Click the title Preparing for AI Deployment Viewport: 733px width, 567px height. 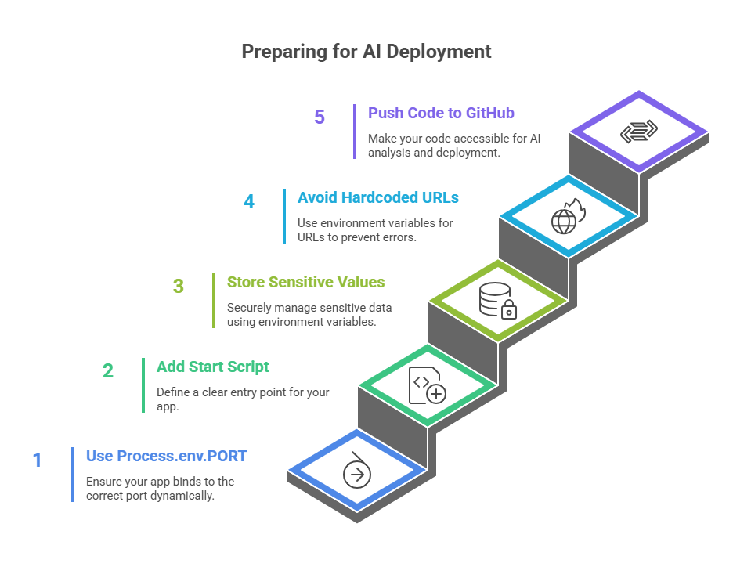click(x=366, y=52)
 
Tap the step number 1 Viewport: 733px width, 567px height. click(x=37, y=460)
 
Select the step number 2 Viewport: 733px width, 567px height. click(x=108, y=370)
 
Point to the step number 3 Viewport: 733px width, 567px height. click(x=179, y=286)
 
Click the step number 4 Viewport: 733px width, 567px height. click(x=249, y=201)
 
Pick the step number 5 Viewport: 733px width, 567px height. click(x=320, y=117)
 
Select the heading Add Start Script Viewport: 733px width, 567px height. click(x=212, y=367)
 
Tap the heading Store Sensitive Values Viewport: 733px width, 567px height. click(x=305, y=282)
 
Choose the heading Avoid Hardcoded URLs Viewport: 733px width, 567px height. click(x=377, y=197)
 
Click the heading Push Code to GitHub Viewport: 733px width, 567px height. click(x=441, y=113)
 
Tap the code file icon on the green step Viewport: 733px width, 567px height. click(x=427, y=386)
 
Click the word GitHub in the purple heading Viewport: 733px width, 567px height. click(x=489, y=113)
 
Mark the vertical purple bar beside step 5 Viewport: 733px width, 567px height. click(x=355, y=131)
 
